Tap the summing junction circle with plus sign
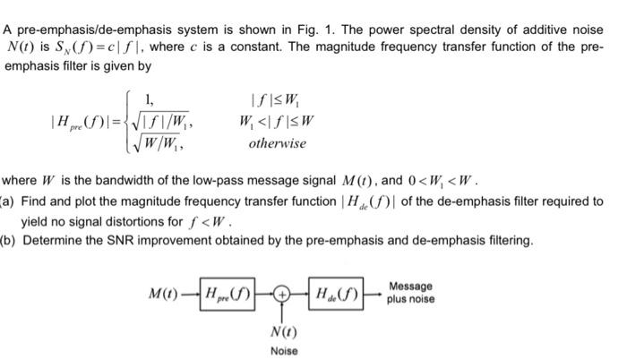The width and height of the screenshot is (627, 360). point(282,295)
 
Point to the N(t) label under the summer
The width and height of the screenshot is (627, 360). point(283,330)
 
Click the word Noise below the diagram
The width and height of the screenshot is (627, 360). point(283,350)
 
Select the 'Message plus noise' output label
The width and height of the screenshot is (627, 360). point(410,292)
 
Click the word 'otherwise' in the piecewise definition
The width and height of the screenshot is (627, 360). point(277,143)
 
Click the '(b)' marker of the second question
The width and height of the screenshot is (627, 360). point(8,241)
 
